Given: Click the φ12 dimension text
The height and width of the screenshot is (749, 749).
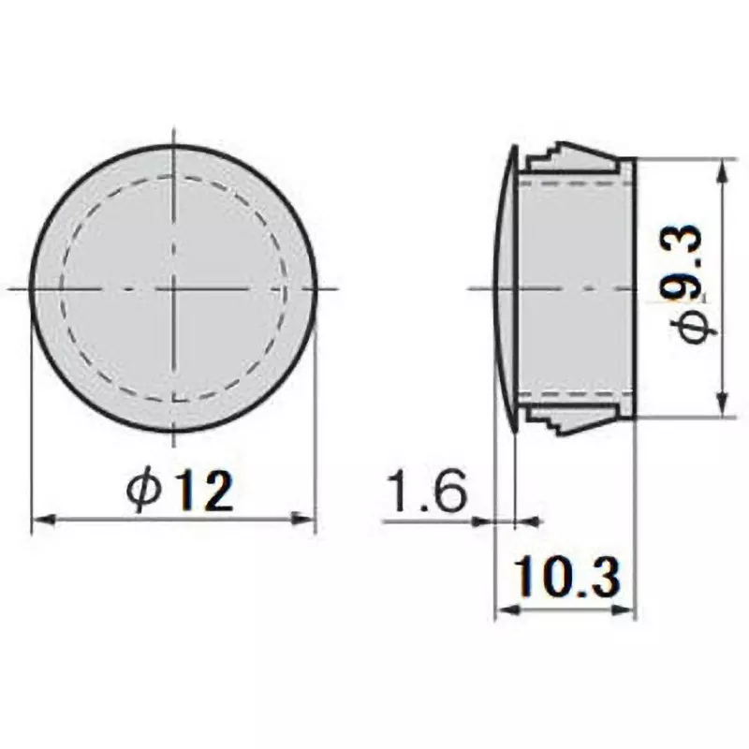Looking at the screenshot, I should pos(181,491).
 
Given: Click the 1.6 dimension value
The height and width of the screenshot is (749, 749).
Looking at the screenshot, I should pos(426,492).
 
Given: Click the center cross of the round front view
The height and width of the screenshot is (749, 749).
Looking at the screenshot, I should pos(174,287).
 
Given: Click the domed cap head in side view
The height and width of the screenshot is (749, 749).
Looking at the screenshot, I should pos(505,287).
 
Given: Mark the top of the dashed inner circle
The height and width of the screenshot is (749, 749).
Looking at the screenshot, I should pos(174,177).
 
